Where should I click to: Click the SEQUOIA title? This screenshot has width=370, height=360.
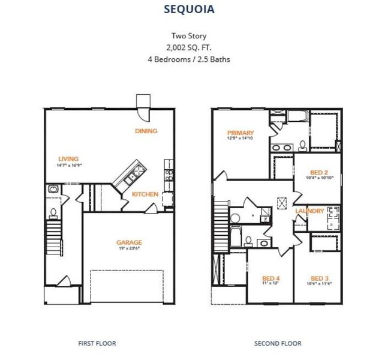click(x=185, y=9)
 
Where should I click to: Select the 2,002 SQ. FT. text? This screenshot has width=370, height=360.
click(x=185, y=47)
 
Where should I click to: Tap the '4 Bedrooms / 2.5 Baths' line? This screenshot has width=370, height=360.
click(x=185, y=59)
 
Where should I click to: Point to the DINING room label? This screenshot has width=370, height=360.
click(x=146, y=131)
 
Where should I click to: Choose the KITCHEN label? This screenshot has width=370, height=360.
click(x=145, y=194)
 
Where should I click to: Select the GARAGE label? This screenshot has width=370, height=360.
click(x=129, y=242)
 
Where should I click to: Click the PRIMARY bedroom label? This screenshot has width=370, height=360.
click(x=240, y=133)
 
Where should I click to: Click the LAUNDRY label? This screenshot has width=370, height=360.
click(x=309, y=211)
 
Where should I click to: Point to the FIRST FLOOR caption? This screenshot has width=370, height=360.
click(x=97, y=343)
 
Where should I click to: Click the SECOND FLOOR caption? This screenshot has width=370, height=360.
click(x=278, y=343)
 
